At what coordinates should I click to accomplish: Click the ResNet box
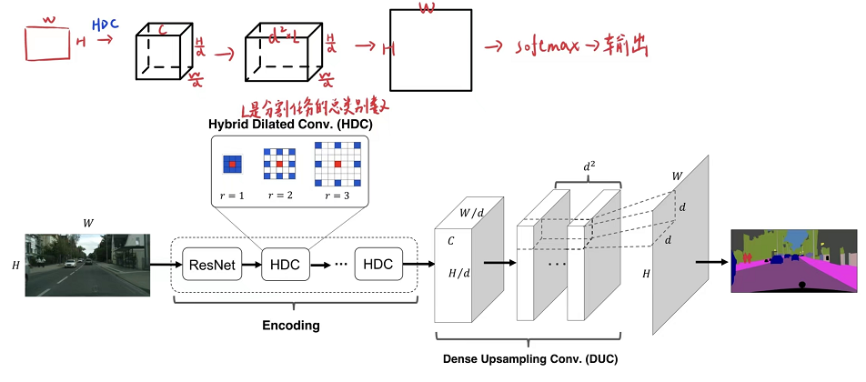[211, 265]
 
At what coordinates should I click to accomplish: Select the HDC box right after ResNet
[288, 265]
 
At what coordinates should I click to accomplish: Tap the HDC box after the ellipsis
[378, 265]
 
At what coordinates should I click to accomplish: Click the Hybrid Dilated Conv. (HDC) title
[288, 125]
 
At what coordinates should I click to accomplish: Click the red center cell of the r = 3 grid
[337, 165]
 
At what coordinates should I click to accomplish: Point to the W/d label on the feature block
[471, 215]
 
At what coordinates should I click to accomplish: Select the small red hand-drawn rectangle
[47, 42]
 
